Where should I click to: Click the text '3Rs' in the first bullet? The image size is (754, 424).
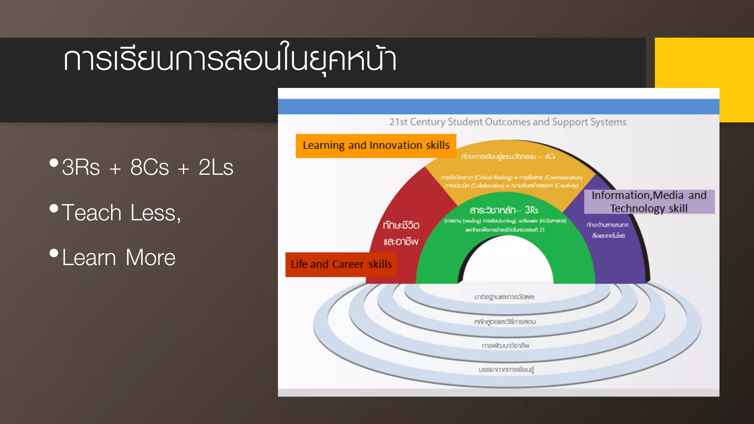81,167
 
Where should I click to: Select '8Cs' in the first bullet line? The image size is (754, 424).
149,167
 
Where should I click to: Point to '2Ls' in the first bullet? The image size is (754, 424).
216,167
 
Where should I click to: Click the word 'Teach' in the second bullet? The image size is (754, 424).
92,213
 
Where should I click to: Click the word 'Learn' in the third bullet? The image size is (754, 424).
89,257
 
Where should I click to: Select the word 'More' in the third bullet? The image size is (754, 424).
151,257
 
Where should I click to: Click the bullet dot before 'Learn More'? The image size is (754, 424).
54,253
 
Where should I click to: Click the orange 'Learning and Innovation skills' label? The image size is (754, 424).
376,146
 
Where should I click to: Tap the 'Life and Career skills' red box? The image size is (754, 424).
341,264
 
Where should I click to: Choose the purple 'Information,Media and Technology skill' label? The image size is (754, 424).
649,202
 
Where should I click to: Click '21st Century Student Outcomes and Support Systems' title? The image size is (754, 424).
508,122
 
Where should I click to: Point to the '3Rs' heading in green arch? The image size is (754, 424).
531,210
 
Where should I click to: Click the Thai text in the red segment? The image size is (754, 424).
401,233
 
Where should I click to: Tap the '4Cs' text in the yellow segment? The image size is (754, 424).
550,156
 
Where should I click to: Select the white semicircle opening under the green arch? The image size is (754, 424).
508,263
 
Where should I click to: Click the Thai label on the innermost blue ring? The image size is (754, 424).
504,297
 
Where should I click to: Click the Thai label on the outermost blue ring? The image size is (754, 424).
506,369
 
